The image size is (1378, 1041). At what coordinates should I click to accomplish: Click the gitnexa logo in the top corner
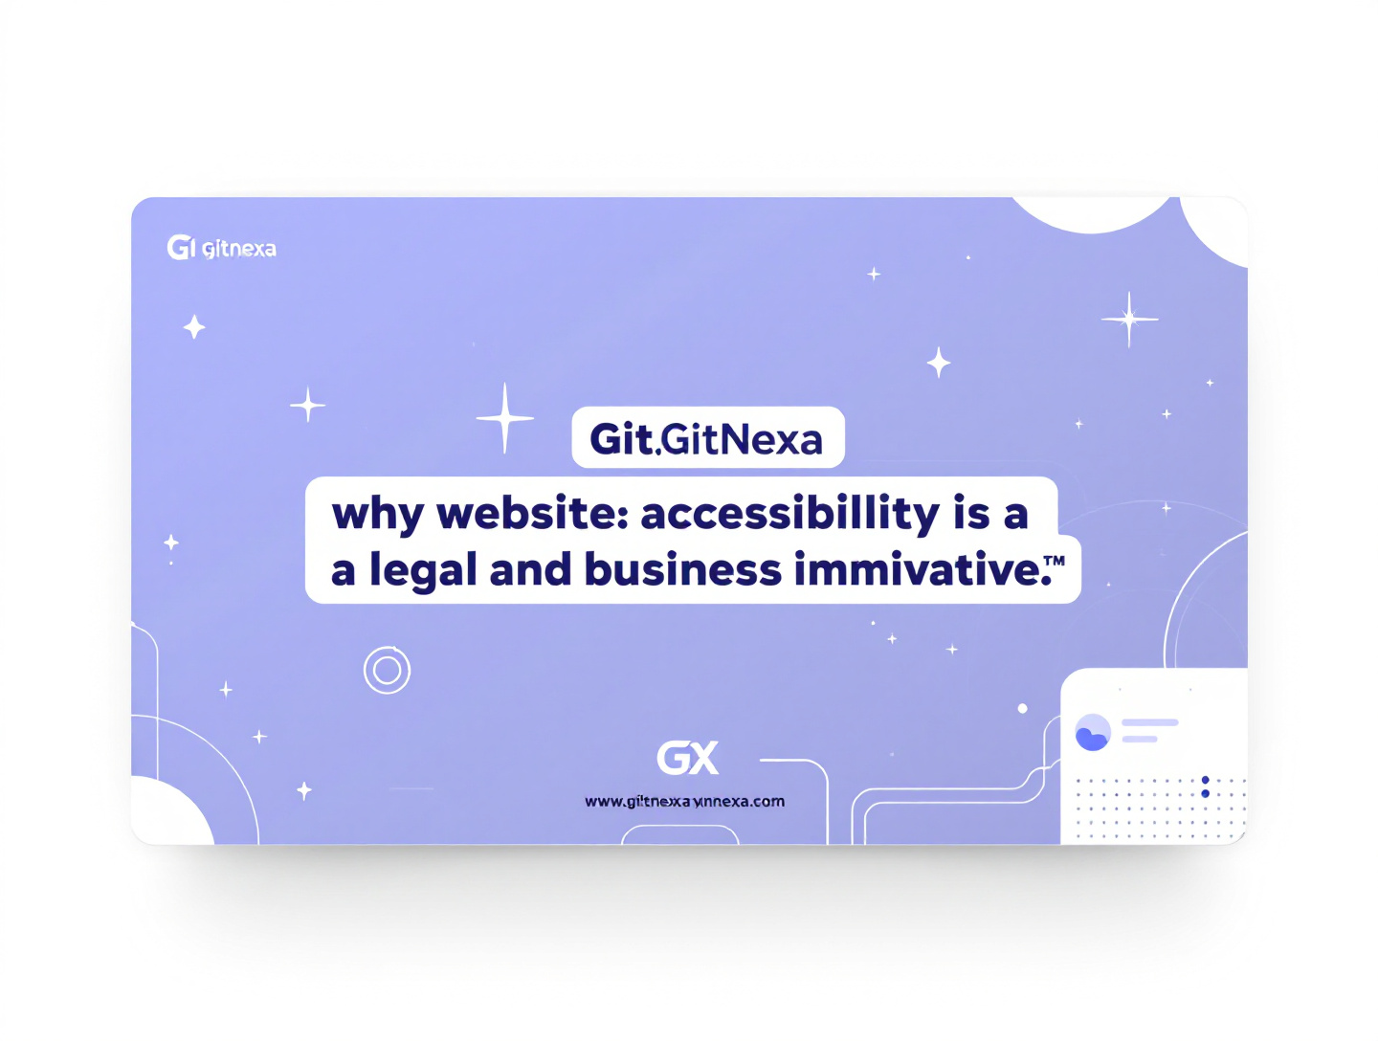[x=221, y=248]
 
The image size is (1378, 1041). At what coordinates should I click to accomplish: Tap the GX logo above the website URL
[x=687, y=759]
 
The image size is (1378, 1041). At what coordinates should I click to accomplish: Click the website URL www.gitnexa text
[x=684, y=801]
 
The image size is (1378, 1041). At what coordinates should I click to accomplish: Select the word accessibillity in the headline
[x=790, y=514]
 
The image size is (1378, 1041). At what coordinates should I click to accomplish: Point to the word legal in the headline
[x=423, y=571]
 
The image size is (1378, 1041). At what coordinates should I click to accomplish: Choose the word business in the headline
[x=683, y=570]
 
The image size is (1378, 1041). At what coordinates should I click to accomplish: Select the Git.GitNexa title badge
[x=707, y=438]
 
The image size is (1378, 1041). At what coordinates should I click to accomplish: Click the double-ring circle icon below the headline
[x=387, y=670]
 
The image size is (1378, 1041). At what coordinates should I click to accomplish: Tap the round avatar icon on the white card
[x=1092, y=732]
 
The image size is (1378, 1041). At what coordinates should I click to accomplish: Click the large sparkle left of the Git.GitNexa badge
[x=504, y=417]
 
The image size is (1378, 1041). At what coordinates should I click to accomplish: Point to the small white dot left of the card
[x=1022, y=709]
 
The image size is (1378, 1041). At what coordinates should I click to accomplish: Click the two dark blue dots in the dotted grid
[x=1205, y=786]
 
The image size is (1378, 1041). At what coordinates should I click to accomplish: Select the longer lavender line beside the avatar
[x=1149, y=722]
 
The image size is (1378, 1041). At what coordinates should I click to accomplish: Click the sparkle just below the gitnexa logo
[x=194, y=327]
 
